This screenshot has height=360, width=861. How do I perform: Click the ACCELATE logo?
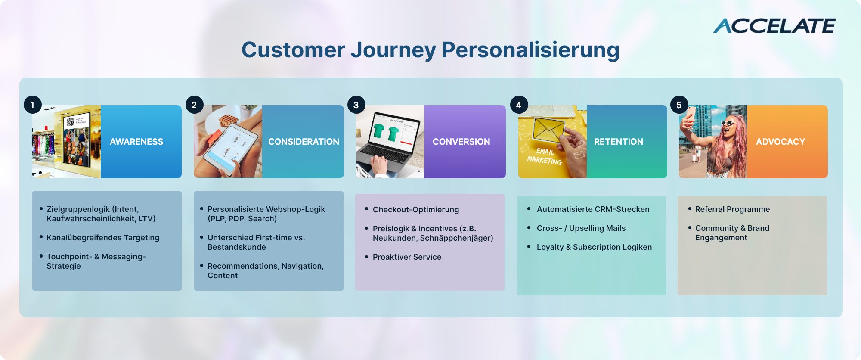point(774,26)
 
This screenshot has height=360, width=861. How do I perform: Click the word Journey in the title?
point(393,50)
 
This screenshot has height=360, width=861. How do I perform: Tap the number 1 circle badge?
point(32,105)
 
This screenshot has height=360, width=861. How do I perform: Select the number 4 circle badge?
point(519,105)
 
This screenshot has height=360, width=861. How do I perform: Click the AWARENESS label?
point(136,142)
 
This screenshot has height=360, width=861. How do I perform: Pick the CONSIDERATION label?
point(304,142)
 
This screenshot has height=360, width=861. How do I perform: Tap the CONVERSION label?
point(461,142)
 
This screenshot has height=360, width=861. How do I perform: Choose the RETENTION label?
point(619,142)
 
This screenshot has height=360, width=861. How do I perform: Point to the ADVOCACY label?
point(780,142)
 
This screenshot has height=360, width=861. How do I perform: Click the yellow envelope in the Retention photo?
point(548,129)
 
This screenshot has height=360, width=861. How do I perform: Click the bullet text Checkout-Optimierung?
point(416,210)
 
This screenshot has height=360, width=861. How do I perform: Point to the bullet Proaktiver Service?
point(407,257)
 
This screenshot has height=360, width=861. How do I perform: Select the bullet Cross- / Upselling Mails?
point(581,228)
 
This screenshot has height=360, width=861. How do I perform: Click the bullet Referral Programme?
point(733,209)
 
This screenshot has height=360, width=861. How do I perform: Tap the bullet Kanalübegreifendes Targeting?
point(103,238)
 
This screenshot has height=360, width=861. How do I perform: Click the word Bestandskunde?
point(237,247)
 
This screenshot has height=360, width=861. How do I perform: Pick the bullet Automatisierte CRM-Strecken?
point(593,209)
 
